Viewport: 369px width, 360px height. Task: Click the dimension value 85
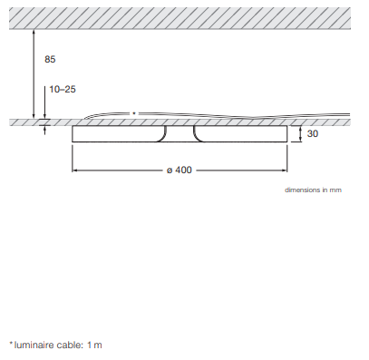point(50,59)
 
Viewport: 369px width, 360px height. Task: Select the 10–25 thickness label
point(63,89)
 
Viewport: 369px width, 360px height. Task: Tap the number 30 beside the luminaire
point(313,133)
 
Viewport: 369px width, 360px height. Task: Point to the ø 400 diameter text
point(180,170)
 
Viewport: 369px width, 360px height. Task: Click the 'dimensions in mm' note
point(313,190)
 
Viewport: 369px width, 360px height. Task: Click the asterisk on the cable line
point(134,113)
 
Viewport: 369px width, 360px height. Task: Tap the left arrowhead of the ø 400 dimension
point(74,170)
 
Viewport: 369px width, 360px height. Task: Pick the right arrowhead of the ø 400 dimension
point(285,170)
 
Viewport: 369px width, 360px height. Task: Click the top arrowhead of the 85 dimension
point(34,32)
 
